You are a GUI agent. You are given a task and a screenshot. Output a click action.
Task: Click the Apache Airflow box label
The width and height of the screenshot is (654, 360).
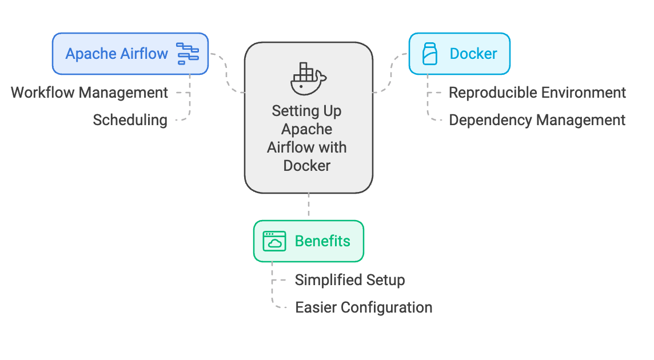[117, 54]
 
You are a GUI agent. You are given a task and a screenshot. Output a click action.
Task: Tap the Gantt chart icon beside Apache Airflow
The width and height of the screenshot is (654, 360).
[188, 54]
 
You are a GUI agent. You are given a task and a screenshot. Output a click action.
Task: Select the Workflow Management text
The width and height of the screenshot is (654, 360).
[90, 93]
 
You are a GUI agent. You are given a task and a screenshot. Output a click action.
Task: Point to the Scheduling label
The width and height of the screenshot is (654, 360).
[130, 120]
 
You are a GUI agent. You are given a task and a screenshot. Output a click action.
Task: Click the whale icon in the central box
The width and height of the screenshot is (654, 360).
[308, 78]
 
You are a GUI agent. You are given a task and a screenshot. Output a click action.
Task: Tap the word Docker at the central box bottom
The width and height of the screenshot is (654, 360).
[307, 166]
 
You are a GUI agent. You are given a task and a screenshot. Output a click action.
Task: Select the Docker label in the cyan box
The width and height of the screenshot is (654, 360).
[473, 54]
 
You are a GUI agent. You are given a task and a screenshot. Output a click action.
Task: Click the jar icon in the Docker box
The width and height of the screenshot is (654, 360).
[429, 54]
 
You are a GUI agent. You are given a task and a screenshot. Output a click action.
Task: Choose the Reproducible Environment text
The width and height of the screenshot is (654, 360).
[537, 93]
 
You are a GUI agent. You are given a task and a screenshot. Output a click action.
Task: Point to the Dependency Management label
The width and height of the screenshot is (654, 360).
[537, 120]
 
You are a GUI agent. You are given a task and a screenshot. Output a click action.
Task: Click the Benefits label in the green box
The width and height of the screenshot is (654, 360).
[322, 241]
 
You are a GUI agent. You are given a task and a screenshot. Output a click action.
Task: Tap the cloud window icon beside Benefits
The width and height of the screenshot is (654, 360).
[274, 241]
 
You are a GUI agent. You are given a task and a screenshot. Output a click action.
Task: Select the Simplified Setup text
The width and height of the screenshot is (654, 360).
[350, 280]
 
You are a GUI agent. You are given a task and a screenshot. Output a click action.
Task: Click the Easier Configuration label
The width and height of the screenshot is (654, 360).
[364, 307]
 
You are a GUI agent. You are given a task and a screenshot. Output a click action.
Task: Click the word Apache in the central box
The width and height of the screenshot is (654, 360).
[307, 129]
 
